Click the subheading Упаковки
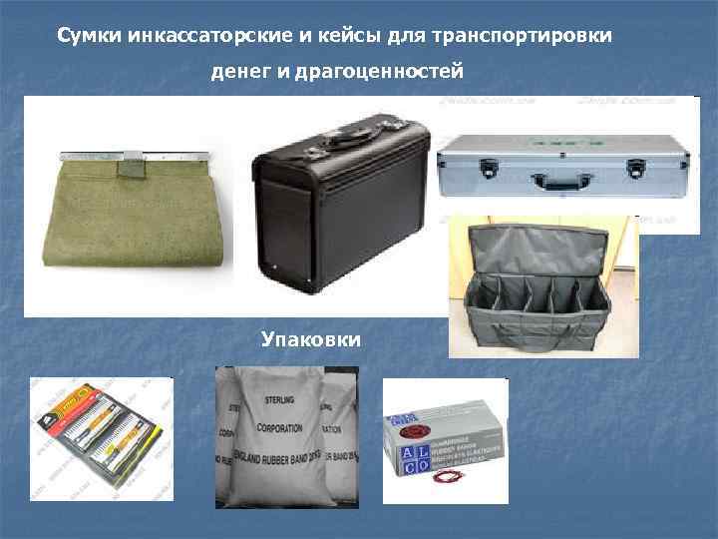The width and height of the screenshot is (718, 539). tap(311, 340)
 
